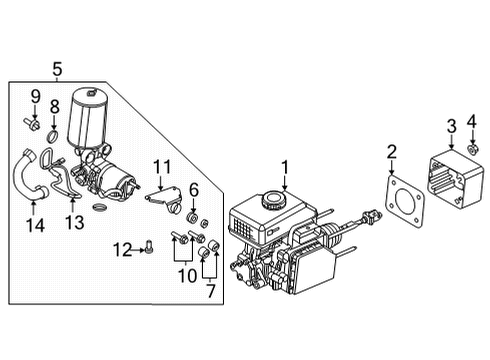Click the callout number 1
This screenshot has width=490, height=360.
coord(284,167)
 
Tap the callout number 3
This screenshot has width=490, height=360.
coord(450,125)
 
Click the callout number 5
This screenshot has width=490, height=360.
coord(57,69)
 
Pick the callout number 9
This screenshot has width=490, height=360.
coord(33,97)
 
